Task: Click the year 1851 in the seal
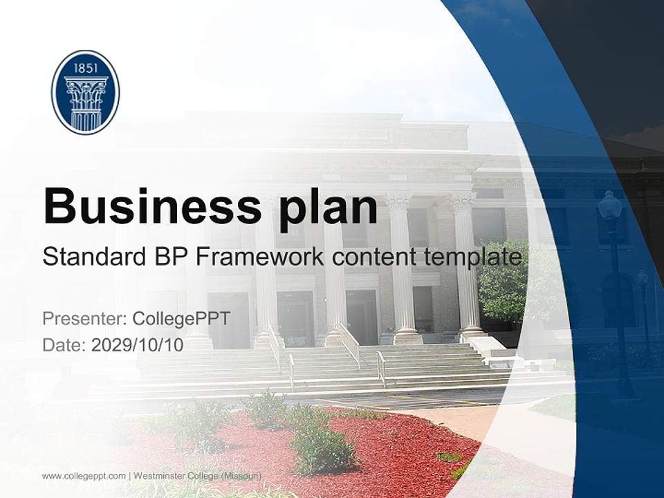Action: pyautogui.click(x=85, y=67)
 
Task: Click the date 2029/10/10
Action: pyautogui.click(x=138, y=344)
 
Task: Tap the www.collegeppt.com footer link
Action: pyautogui.click(x=84, y=476)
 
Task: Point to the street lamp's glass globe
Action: pyautogui.click(x=609, y=205)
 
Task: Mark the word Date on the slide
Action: pyautogui.click(x=64, y=344)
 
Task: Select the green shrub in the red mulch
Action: pyautogui.click(x=322, y=450)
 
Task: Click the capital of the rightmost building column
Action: pyautogui.click(x=463, y=201)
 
